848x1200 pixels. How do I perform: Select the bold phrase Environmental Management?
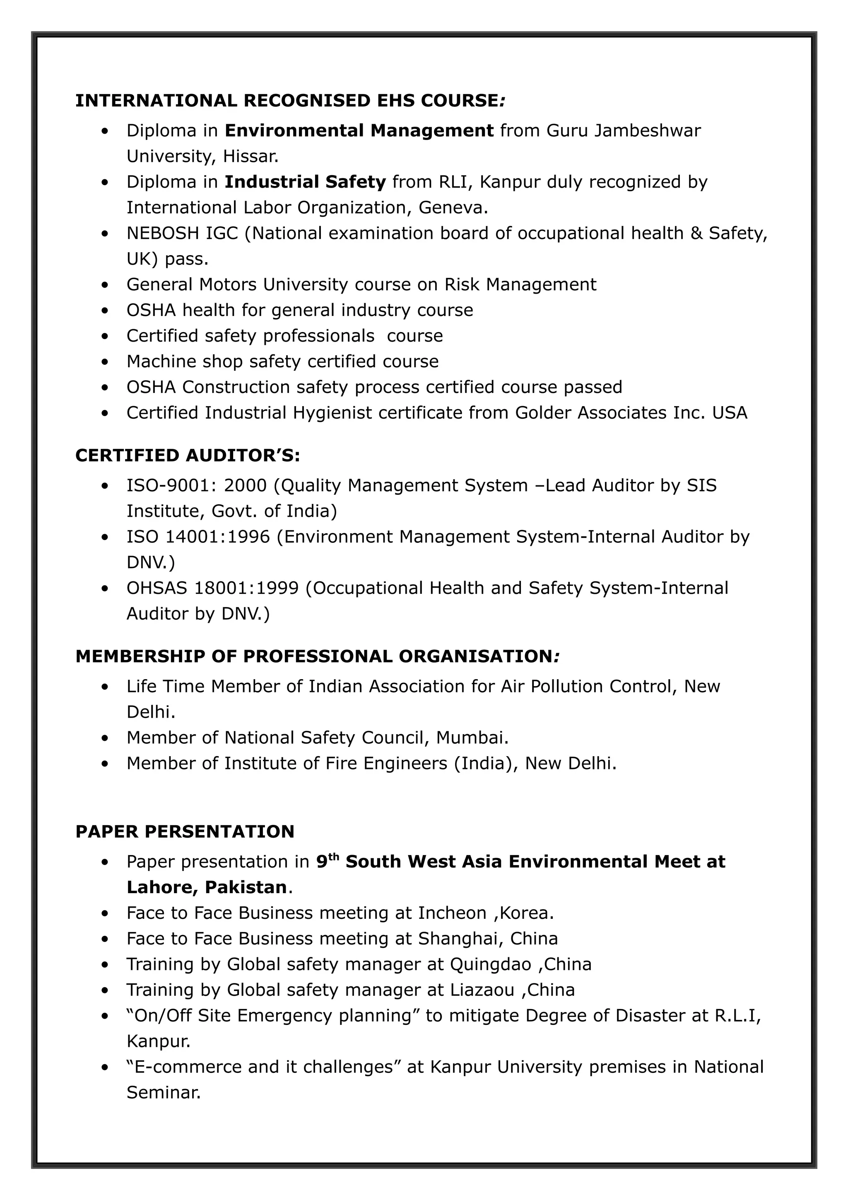(x=359, y=131)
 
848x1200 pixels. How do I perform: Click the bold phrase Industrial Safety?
(x=305, y=182)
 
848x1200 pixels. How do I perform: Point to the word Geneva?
(x=453, y=207)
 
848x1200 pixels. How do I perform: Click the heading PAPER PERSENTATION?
(x=185, y=831)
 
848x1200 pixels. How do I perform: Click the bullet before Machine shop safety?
(x=106, y=361)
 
